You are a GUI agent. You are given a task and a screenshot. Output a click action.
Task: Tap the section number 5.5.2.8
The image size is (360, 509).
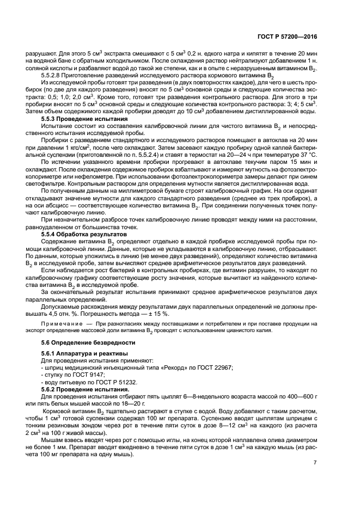pyautogui.click(x=53, y=75)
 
